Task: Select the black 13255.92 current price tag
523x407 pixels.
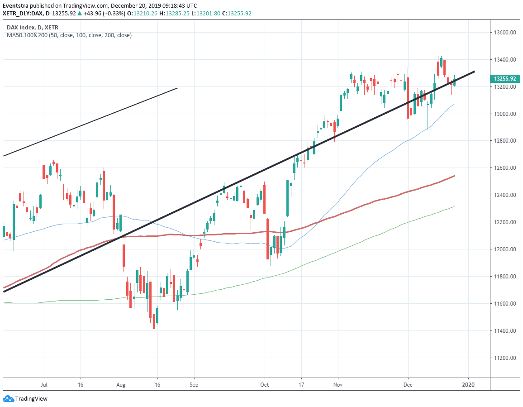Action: pos(505,79)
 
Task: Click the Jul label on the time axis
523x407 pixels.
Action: pos(44,385)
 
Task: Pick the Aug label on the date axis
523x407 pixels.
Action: pos(121,385)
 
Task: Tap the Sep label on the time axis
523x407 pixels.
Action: pos(194,385)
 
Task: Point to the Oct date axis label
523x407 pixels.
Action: pos(265,385)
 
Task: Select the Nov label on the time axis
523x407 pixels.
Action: pos(338,385)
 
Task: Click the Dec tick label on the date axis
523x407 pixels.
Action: pos(408,385)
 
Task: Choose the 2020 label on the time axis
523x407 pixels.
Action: pos(468,385)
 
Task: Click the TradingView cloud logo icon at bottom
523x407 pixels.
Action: pos(8,399)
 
